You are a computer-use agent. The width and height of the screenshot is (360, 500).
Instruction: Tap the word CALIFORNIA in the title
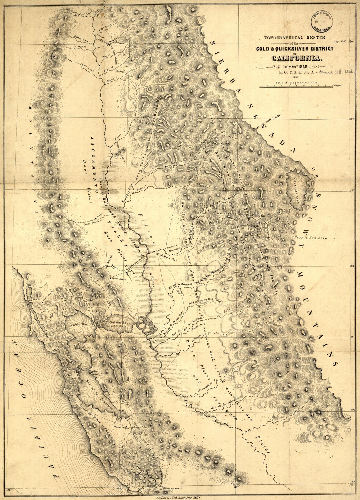[x=297, y=58]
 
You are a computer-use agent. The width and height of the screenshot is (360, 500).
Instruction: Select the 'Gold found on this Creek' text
[x=205, y=300]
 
